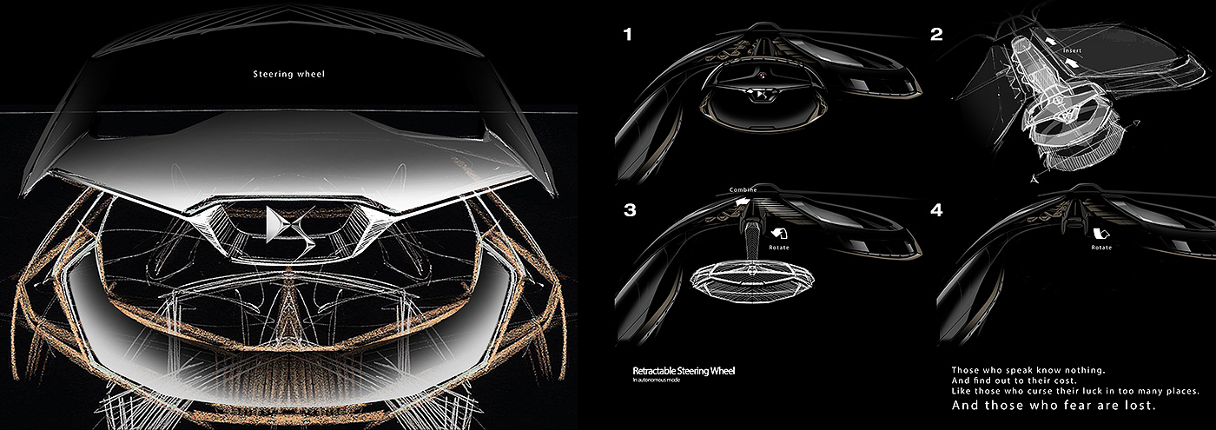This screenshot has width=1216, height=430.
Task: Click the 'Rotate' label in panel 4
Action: (x=1102, y=248)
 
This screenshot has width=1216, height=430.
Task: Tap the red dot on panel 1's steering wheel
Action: (x=761, y=76)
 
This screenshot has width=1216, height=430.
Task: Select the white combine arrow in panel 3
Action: (x=741, y=200)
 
